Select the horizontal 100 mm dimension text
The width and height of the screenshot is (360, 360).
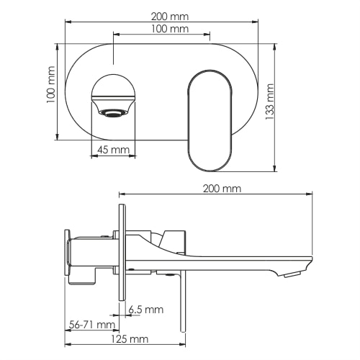[x=170, y=29]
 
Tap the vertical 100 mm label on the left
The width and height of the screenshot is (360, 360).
[x=51, y=86]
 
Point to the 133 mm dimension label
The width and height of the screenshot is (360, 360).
[x=270, y=102]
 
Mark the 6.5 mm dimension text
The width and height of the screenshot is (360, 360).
[x=145, y=310]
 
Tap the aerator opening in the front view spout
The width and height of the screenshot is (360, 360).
[x=112, y=113]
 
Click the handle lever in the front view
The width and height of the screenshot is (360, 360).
[x=210, y=120]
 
